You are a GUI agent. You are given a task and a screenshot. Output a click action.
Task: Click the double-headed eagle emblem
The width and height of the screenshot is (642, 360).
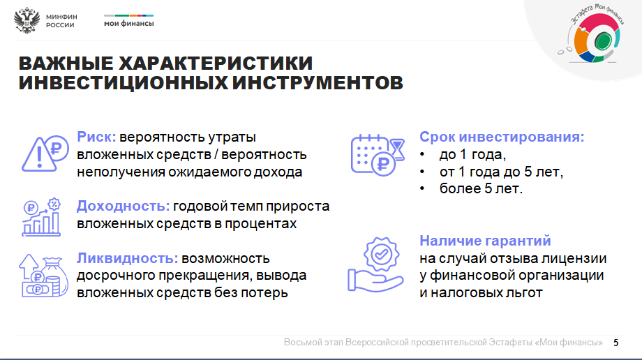coord(27,20)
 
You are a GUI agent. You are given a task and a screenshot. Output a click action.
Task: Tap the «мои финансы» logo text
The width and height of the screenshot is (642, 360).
coord(128,24)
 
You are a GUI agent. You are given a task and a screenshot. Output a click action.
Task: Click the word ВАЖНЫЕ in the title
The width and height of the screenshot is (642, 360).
coord(66,63)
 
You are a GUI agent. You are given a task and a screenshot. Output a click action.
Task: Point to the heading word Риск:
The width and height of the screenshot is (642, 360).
coord(96,137)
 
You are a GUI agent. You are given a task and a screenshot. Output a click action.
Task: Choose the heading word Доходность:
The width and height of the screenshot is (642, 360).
coord(123,206)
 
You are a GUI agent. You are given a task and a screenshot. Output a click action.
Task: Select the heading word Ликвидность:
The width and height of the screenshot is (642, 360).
coord(127,258)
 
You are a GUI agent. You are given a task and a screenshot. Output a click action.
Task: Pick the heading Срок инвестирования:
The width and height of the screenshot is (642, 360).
coord(502,137)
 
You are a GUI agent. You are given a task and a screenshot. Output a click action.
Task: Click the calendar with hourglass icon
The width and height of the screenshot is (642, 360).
coord(378,155)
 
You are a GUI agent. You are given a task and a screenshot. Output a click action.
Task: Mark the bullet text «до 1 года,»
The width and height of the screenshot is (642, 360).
coord(472,155)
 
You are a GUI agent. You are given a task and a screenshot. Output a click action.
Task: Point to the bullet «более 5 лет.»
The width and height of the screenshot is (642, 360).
coord(481,189)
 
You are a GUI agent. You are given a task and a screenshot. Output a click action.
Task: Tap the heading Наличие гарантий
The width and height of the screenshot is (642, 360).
coord(485,241)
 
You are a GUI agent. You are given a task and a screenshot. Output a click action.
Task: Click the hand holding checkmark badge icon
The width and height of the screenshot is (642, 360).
coord(375,264)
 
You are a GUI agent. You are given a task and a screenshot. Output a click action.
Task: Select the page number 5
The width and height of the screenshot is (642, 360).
coord(615,343)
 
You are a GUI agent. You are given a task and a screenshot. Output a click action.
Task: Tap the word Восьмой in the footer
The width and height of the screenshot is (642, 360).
coord(301,343)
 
